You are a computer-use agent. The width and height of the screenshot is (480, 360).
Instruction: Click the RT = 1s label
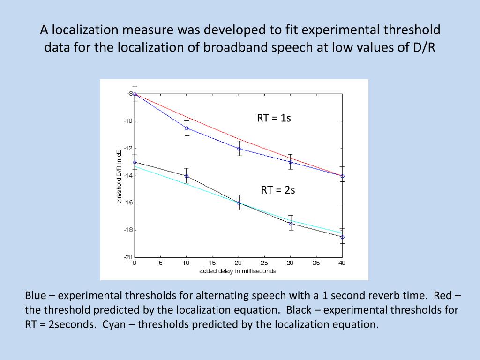[x=274, y=118]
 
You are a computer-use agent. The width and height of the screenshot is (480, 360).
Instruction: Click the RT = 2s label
[x=278, y=190]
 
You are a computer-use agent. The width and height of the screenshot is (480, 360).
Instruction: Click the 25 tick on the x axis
[x=264, y=263]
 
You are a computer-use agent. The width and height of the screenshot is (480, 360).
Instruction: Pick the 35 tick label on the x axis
[x=316, y=263]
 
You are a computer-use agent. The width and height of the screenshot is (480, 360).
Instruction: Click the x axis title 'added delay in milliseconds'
[x=238, y=271]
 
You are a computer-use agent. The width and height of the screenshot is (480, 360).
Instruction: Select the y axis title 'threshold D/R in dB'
[x=119, y=176]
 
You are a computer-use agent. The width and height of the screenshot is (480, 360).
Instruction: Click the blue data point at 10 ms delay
[x=187, y=128]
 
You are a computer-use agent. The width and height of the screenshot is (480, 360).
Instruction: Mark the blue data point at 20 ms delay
[x=239, y=149]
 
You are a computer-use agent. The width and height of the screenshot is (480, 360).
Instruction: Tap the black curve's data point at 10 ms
[x=187, y=176]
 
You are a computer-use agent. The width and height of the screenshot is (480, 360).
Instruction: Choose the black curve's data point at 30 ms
[x=291, y=224]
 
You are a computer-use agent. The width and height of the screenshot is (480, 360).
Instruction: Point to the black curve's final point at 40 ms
[x=342, y=237]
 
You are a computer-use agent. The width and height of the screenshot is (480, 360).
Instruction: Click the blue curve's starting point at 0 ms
[x=135, y=94]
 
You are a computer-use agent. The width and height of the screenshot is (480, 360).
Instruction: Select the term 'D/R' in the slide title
[x=425, y=48]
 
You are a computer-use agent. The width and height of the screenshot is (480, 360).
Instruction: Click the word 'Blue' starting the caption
[x=36, y=295]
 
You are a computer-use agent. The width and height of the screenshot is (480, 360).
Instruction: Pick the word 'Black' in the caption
[x=300, y=310]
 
